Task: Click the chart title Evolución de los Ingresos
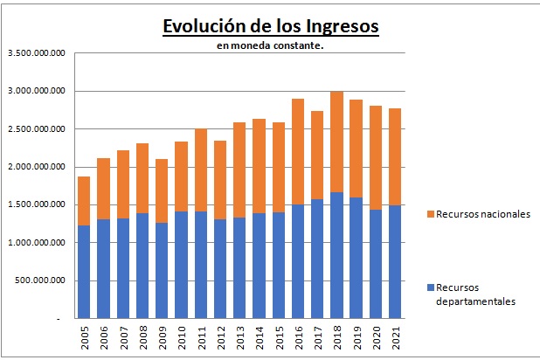pos(270,25)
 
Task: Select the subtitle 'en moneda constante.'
pos(270,45)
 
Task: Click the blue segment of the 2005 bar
pos(84,272)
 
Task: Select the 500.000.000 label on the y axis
pos(42,280)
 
